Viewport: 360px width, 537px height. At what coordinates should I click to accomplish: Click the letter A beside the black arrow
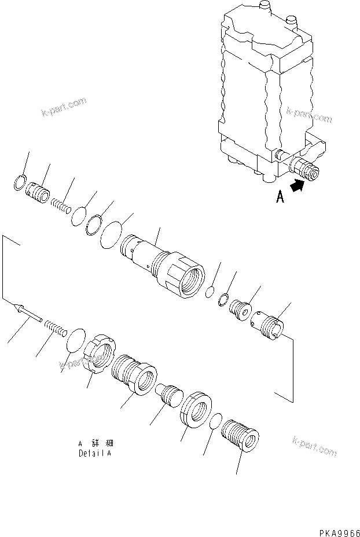(x=280, y=198)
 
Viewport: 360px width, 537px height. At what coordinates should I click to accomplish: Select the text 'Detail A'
(x=95, y=454)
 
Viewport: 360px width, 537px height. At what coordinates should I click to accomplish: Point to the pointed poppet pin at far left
(x=27, y=314)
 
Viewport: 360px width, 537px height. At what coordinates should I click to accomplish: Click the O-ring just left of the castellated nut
(x=75, y=341)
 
